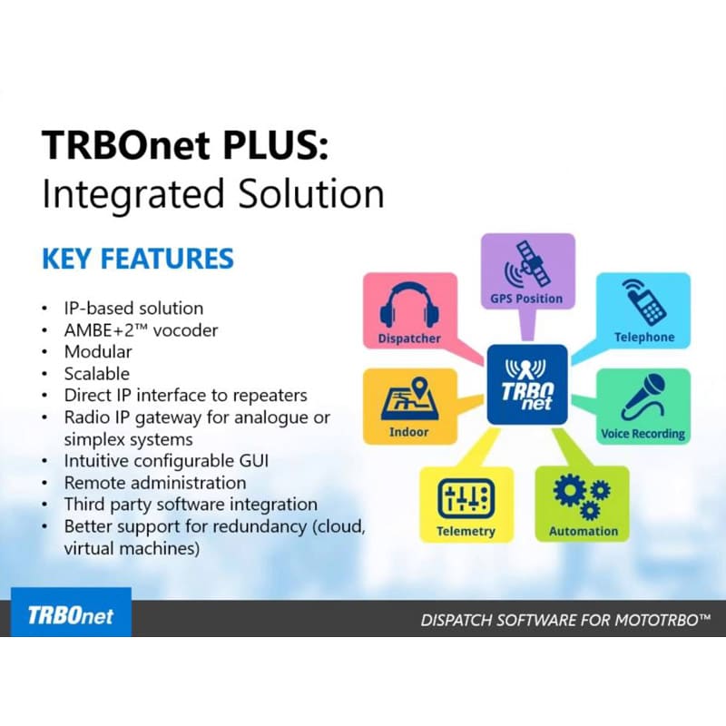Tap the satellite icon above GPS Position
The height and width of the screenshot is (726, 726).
[x=527, y=262]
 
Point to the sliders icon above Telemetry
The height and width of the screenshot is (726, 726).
[x=466, y=498]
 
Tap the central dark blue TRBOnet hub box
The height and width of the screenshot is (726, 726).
[x=527, y=385]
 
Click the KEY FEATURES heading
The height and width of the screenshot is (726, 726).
[x=137, y=259]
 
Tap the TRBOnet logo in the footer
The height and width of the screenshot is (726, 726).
[x=71, y=614]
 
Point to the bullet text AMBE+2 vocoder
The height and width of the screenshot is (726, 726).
[x=141, y=329]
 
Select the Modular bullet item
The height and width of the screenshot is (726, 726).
[x=98, y=351]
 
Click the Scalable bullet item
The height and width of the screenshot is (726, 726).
[x=96, y=373]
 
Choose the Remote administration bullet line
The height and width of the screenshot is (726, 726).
[x=154, y=482]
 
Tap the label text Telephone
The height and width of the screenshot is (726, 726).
[x=644, y=338]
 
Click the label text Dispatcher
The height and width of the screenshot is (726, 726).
[x=408, y=338]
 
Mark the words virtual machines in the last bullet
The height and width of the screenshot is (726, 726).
[x=131, y=548]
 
